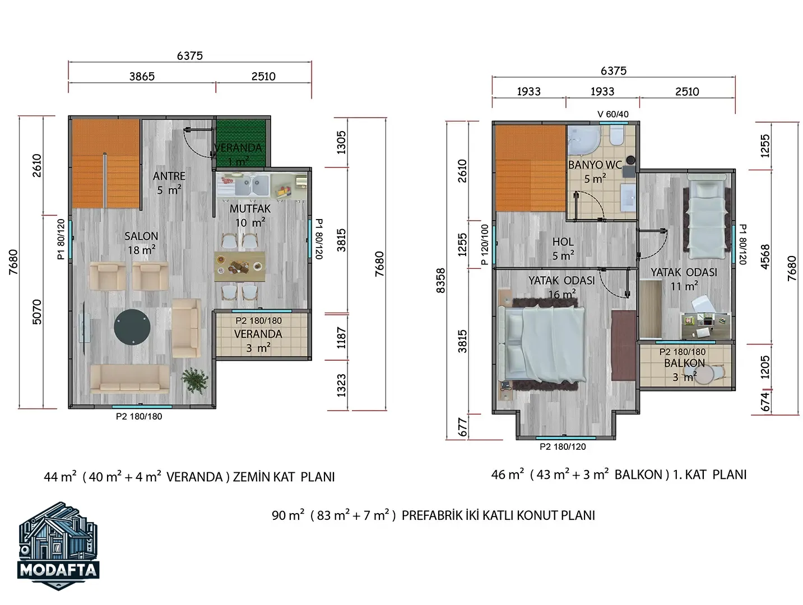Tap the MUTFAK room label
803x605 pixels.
coord(250,209)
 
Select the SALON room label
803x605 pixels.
coord(141,236)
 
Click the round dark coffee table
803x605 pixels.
coord(132,327)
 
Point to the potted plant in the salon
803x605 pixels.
coord(194,381)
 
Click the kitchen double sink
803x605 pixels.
coord(252,185)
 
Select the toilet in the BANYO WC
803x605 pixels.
coord(617,136)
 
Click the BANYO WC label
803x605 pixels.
coord(595,165)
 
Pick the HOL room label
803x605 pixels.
coord(563,241)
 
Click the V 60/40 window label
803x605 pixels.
coord(613,114)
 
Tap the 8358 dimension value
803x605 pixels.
coord(441,281)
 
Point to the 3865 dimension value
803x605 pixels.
coord(142,76)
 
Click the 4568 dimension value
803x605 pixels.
coord(765,257)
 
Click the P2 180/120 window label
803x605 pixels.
coord(563,446)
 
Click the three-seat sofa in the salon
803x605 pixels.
coord(129,379)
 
